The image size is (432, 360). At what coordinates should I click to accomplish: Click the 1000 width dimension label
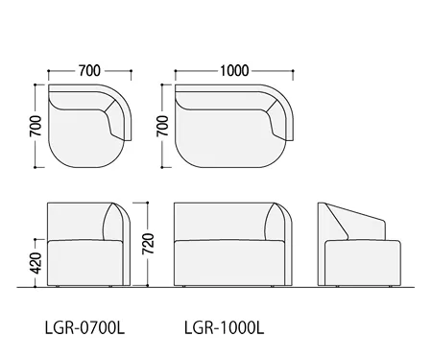[234, 71]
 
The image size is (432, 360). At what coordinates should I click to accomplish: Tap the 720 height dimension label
[148, 244]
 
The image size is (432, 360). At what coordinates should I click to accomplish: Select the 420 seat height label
[36, 263]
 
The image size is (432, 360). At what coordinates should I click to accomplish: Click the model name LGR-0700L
[84, 327]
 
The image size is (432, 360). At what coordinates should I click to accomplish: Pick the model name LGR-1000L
[224, 327]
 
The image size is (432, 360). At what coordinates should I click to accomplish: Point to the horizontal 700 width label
[89, 71]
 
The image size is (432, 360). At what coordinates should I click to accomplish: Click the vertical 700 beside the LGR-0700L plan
[36, 126]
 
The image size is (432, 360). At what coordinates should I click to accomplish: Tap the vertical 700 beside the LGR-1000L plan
[163, 126]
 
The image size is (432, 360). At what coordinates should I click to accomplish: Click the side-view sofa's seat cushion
[363, 263]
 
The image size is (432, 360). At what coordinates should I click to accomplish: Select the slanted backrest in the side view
[353, 221]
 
